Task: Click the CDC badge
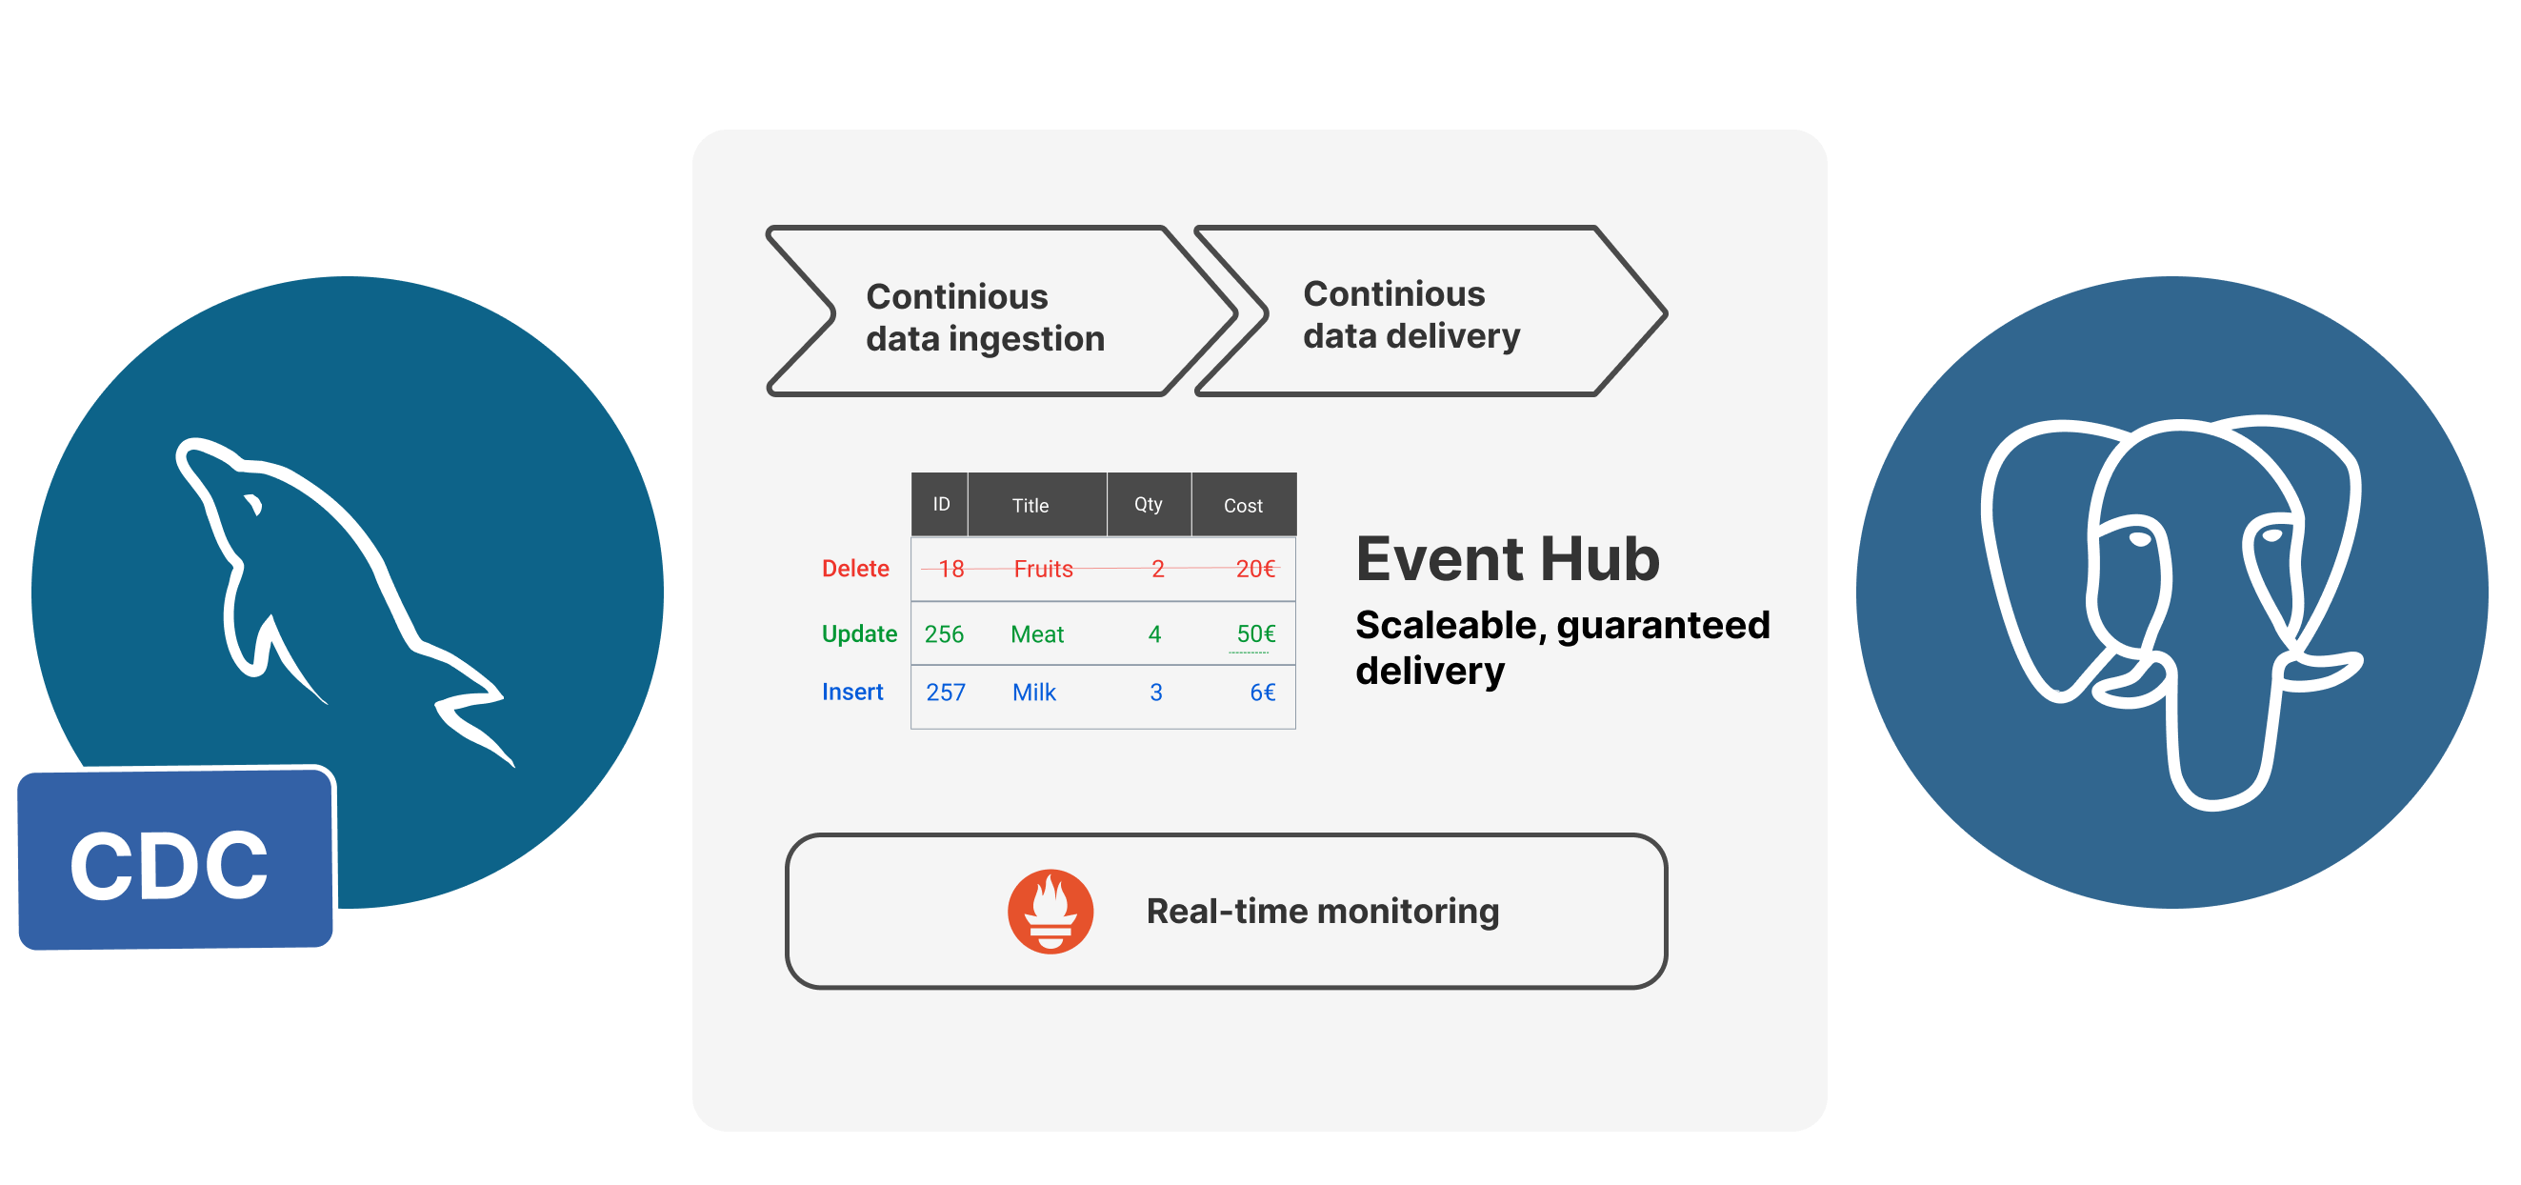tap(174, 860)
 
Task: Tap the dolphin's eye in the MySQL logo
tap(253, 505)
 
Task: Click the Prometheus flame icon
tap(1050, 910)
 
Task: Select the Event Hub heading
tap(1507, 560)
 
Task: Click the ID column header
tap(940, 505)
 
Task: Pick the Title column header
tap(1030, 506)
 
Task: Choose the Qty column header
tap(1148, 505)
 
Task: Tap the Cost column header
tap(1243, 506)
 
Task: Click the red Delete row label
tap(855, 569)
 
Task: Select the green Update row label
tap(859, 634)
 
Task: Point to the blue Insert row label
tap(852, 693)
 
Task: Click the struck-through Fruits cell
tap(1043, 570)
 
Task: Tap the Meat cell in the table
tap(1036, 635)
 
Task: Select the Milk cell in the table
tap(1033, 693)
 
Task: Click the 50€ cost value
tap(1255, 634)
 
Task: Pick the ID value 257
tap(946, 693)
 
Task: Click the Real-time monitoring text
tap(1322, 911)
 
